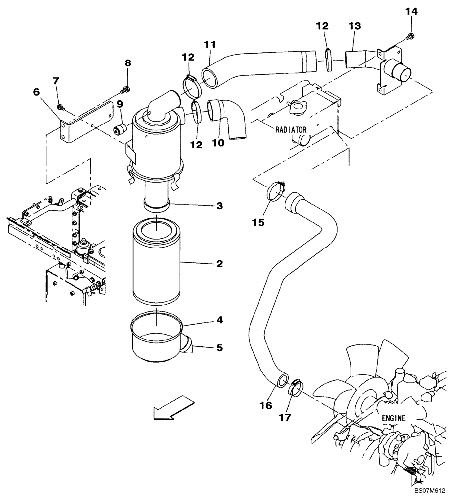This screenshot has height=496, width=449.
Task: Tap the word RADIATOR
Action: tap(291, 130)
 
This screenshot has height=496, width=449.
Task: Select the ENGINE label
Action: tap(393, 418)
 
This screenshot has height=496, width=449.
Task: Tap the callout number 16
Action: tap(266, 405)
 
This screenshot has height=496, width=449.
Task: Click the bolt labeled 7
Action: tap(60, 107)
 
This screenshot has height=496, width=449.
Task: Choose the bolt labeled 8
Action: tap(126, 89)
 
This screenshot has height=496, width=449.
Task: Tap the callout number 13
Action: tap(355, 25)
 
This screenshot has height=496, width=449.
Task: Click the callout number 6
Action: tap(36, 92)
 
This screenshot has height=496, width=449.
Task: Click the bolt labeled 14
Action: tap(409, 36)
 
